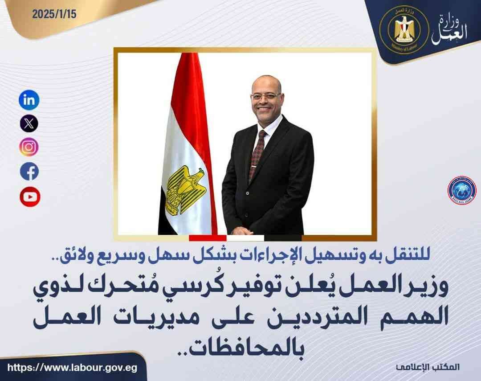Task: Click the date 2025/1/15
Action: tap(54, 14)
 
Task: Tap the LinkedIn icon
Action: tap(29, 100)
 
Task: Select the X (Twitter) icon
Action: tap(29, 123)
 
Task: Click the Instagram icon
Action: tap(29, 147)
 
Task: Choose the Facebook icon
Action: tap(29, 171)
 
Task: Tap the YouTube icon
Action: tap(30, 197)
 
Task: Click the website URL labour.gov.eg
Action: tap(73, 368)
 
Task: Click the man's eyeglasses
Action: tap(265, 96)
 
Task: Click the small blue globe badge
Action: tap(462, 191)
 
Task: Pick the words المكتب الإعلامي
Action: tap(428, 367)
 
